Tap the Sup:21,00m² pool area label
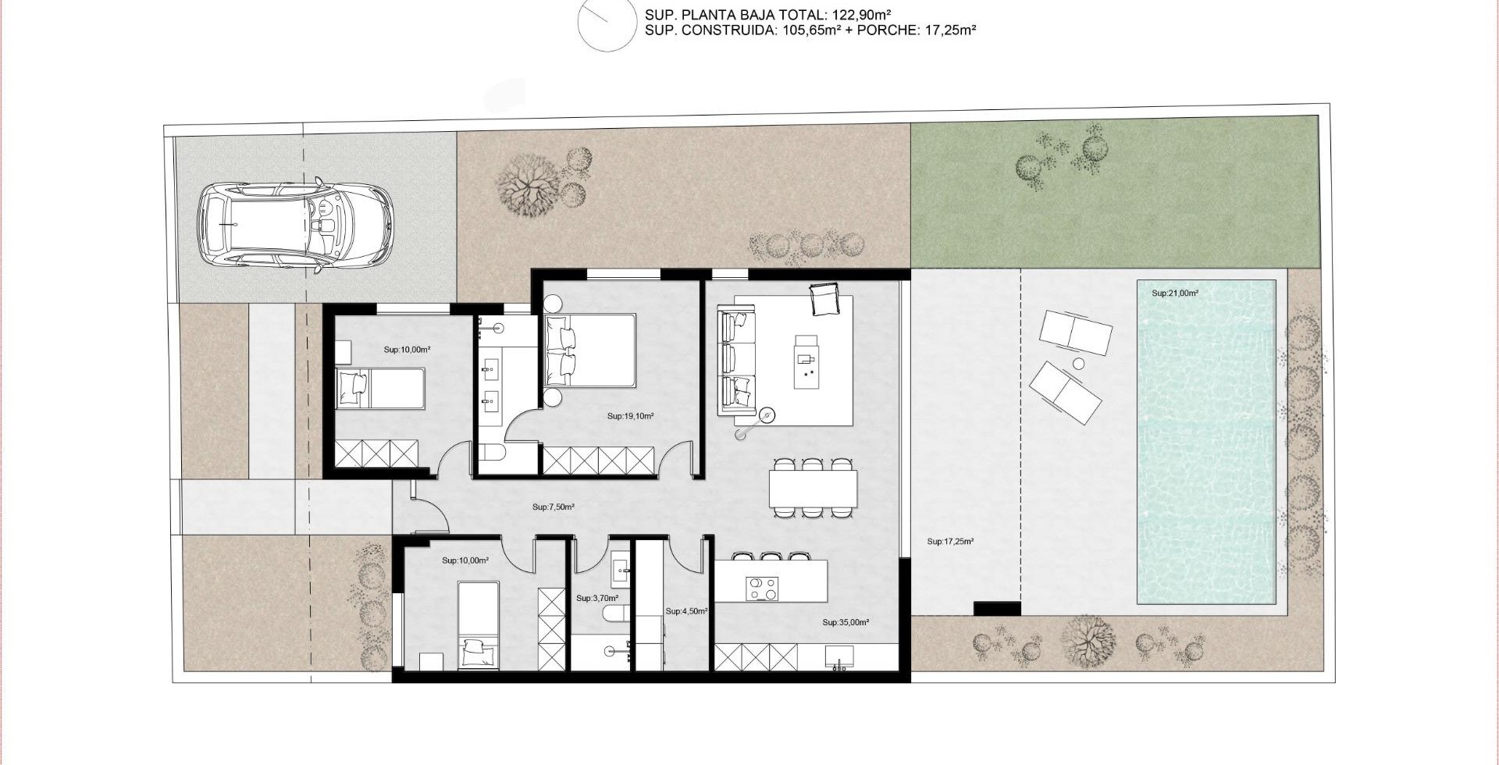click(1175, 294)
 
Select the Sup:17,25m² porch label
click(950, 541)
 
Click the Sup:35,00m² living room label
click(846, 623)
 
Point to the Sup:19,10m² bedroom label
click(630, 416)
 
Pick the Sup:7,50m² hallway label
click(554, 507)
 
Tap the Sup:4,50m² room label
click(686, 611)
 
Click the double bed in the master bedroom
click(590, 350)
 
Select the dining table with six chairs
click(813, 488)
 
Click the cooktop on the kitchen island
click(762, 589)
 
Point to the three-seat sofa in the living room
click(737, 361)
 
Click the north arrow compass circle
click(607, 23)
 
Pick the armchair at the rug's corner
click(824, 299)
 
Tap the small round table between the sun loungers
click(1079, 364)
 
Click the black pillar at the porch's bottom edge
click(997, 609)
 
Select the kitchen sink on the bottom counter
click(839, 657)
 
